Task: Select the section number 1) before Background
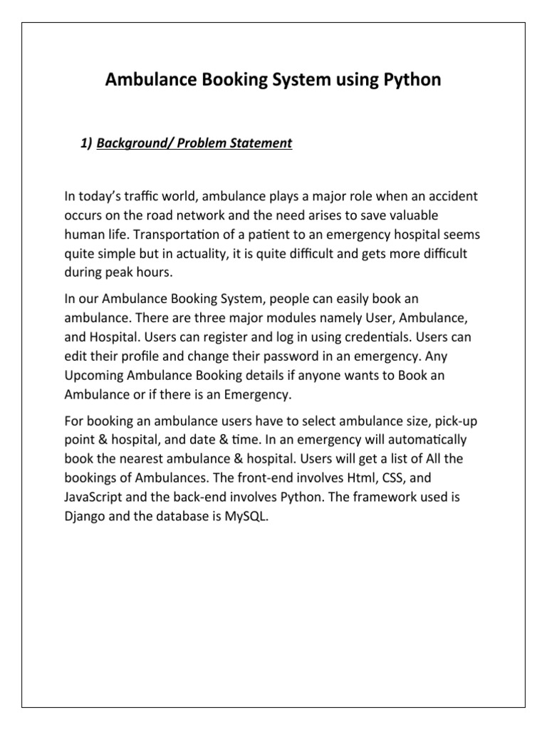(87, 143)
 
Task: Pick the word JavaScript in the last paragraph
(93, 498)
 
